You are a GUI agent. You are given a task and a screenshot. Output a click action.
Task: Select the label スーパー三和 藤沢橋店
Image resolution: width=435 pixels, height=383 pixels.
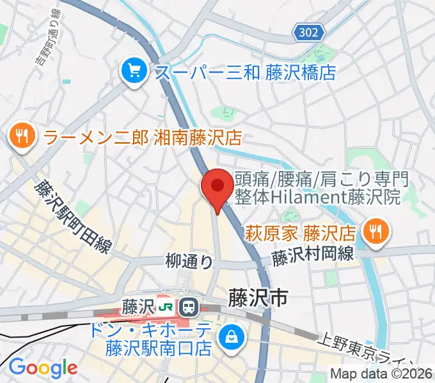click(245, 71)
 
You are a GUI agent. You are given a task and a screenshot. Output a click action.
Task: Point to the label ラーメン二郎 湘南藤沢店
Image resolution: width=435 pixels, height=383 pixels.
click(142, 137)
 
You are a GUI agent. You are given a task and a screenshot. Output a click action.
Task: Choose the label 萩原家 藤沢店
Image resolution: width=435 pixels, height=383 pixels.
click(301, 230)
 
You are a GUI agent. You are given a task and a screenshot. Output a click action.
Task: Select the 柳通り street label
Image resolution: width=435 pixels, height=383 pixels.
click(189, 260)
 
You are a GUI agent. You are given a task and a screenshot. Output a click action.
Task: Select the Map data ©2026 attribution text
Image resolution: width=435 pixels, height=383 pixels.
click(381, 373)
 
